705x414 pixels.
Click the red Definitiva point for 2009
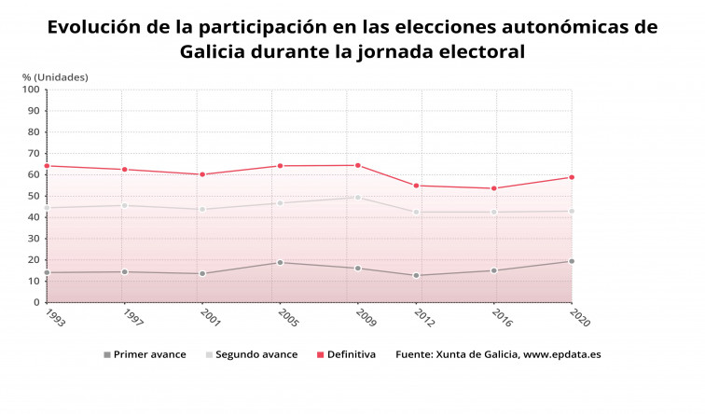357,165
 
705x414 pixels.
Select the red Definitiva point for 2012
416,186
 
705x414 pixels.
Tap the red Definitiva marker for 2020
571,177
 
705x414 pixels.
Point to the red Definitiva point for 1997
124,170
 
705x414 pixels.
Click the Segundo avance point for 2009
357,197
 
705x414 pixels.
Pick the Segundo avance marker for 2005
279,203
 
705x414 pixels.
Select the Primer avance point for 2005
279,262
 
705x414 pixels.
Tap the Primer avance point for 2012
416,275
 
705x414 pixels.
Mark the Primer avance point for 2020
571,261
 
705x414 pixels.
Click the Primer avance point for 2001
201,273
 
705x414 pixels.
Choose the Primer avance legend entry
145,354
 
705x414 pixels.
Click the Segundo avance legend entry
251,354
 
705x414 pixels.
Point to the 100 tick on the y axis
31,90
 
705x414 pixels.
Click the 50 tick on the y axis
34,196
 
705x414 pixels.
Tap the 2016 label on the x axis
499,317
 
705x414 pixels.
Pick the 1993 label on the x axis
54,317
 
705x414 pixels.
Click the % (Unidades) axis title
55,76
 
